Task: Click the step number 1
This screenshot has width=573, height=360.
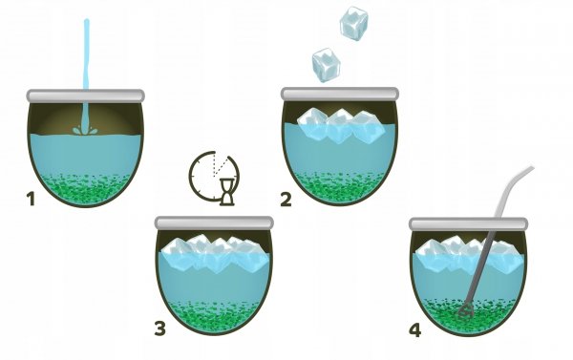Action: [x=32, y=200]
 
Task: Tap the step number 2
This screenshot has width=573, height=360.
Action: [x=286, y=200]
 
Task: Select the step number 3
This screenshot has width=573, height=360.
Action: [x=160, y=328]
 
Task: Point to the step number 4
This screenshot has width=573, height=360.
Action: [x=415, y=330]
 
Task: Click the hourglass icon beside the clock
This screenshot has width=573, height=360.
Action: [x=227, y=192]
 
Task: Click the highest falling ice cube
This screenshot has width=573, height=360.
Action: [x=353, y=23]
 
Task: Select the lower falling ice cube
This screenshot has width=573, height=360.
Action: [x=326, y=65]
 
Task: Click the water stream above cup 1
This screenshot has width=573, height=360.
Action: [x=86, y=54]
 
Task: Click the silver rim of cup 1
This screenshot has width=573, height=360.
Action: [x=86, y=95]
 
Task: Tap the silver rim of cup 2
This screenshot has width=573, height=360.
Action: [x=340, y=94]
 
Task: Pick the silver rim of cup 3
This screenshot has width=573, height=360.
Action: [x=214, y=222]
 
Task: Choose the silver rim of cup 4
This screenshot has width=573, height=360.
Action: [x=468, y=223]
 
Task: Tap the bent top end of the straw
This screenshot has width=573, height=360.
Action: [x=531, y=169]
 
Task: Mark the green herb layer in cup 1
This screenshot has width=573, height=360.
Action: [x=85, y=189]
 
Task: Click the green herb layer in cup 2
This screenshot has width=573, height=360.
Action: [x=340, y=188]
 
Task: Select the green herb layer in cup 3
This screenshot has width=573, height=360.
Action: [x=214, y=316]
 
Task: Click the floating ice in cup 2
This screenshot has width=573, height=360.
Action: [x=341, y=125]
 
